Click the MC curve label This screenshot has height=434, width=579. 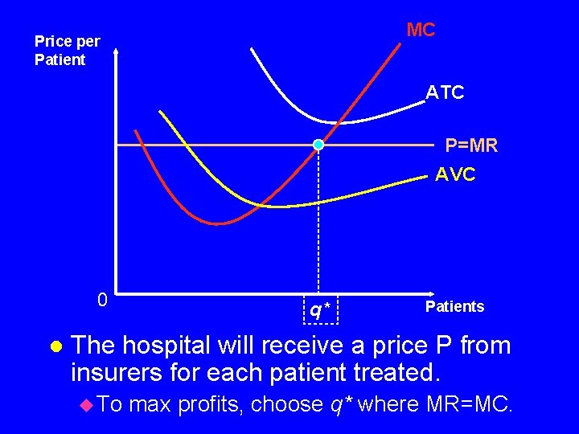click(421, 31)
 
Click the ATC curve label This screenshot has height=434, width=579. click(445, 93)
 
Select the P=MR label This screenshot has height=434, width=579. click(471, 145)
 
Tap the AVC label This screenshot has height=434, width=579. click(455, 174)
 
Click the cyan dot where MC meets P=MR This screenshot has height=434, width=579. click(318, 145)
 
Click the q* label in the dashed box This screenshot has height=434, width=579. click(320, 309)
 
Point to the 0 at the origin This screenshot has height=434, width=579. click(101, 300)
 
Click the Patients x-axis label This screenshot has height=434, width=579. click(454, 306)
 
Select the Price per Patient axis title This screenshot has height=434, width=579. click(68, 51)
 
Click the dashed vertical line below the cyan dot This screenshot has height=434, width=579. click(318, 225)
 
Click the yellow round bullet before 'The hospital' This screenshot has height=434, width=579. click(55, 346)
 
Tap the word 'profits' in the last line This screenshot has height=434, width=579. click(208, 404)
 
